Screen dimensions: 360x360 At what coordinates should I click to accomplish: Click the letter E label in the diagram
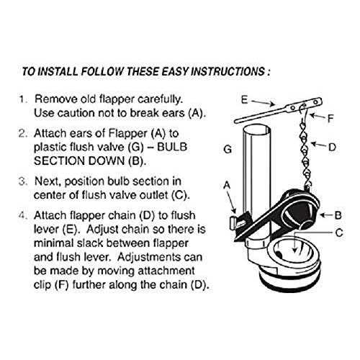[x=244, y=100]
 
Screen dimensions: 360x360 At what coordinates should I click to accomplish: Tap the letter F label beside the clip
[x=330, y=118]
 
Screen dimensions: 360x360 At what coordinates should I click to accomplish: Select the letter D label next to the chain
[x=332, y=147]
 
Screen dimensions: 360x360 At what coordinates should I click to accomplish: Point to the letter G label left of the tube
[x=228, y=149]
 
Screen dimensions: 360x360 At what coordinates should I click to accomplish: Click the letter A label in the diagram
[x=227, y=185]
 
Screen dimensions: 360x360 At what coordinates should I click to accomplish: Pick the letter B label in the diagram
[x=338, y=215]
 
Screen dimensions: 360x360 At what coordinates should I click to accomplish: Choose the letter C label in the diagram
[x=339, y=233]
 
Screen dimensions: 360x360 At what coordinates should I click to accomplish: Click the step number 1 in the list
[x=22, y=99]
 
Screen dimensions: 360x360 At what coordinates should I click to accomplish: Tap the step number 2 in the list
[x=22, y=133]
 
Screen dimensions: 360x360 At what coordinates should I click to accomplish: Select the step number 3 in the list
[x=22, y=181]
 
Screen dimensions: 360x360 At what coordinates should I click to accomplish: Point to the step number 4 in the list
[x=22, y=215]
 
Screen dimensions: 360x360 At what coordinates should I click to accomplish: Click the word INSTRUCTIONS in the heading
[x=228, y=71]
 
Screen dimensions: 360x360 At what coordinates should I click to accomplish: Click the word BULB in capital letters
[x=172, y=147]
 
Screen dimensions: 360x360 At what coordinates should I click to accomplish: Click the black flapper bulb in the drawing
[x=303, y=211]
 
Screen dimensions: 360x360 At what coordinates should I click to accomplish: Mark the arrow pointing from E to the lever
[x=264, y=103]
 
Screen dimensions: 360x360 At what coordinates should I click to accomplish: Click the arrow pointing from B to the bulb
[x=327, y=215]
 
